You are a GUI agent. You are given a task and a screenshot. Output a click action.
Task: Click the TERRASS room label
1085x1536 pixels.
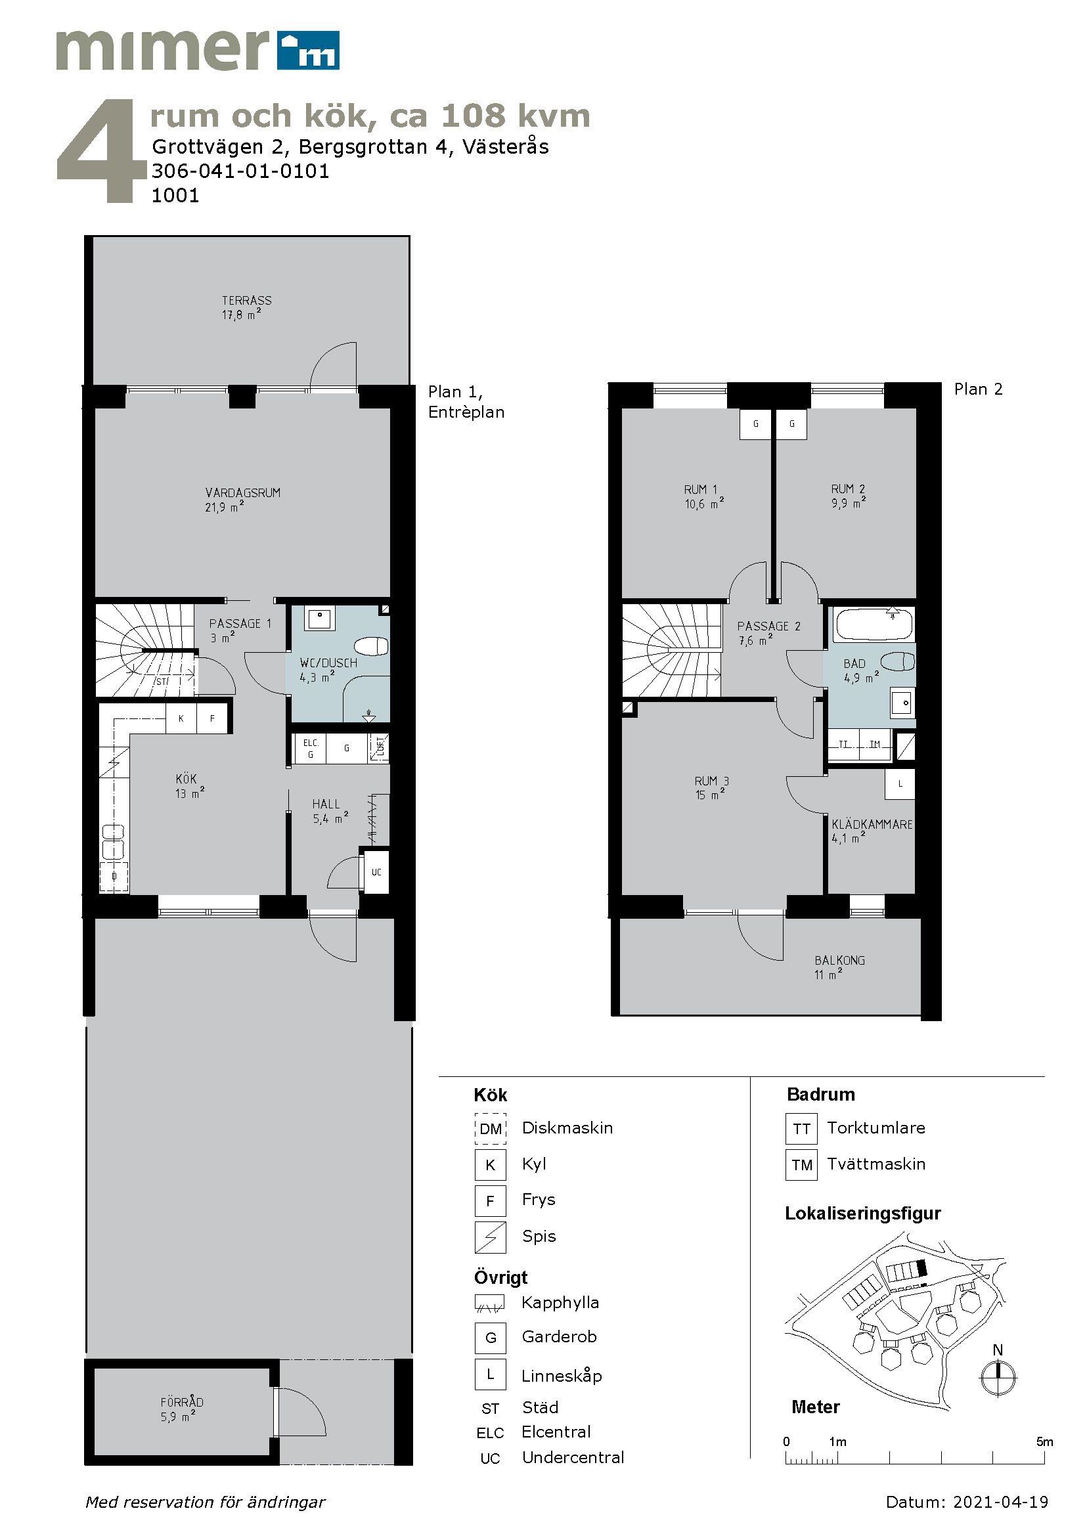pos(247,301)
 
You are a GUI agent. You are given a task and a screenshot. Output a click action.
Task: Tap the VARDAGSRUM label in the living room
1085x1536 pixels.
pos(243,493)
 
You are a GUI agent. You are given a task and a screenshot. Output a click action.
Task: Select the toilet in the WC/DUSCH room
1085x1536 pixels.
pos(371,647)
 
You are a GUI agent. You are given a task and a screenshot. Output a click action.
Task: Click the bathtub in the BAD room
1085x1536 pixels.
pos(873,623)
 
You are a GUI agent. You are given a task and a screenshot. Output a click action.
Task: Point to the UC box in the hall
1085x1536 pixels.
pos(376,871)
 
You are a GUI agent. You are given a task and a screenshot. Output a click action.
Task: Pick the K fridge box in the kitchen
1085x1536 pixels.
pos(181,718)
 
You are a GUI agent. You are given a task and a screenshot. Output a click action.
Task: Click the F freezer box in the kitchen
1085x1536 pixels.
pos(212,718)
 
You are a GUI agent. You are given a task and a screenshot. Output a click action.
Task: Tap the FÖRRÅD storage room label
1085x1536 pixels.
pos(181,1402)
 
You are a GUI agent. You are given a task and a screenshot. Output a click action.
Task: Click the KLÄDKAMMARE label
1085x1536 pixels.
pos(872,825)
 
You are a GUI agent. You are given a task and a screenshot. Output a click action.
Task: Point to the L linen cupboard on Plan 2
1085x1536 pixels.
pos(900,784)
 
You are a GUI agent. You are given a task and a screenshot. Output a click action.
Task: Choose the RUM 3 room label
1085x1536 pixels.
pos(712,781)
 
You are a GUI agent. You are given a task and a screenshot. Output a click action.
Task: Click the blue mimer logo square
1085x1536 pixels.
pos(309,50)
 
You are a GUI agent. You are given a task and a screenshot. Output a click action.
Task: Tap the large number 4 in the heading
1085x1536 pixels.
pos(100,150)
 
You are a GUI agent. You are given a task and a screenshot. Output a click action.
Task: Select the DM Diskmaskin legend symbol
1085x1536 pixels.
pos(491,1129)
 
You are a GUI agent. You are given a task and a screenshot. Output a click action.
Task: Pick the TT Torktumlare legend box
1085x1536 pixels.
pos(801,1129)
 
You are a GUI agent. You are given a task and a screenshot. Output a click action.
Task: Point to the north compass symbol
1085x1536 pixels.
pos(998,1378)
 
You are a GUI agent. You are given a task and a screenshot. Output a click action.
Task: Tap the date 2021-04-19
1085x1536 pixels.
pos(1001,1502)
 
